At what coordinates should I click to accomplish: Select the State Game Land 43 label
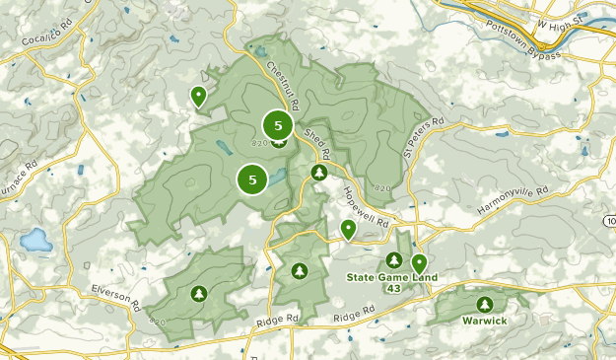(x=387, y=282)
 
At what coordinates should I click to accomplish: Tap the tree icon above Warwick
(x=484, y=305)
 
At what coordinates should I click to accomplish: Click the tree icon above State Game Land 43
(x=394, y=260)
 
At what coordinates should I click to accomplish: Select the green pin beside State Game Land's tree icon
(x=419, y=262)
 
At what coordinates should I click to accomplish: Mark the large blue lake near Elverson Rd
(x=36, y=240)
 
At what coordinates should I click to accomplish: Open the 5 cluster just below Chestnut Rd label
(x=278, y=125)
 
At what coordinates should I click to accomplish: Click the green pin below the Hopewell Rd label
(x=348, y=229)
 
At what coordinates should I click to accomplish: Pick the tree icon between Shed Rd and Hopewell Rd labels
(x=319, y=173)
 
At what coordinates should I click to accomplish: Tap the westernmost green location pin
(x=198, y=96)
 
